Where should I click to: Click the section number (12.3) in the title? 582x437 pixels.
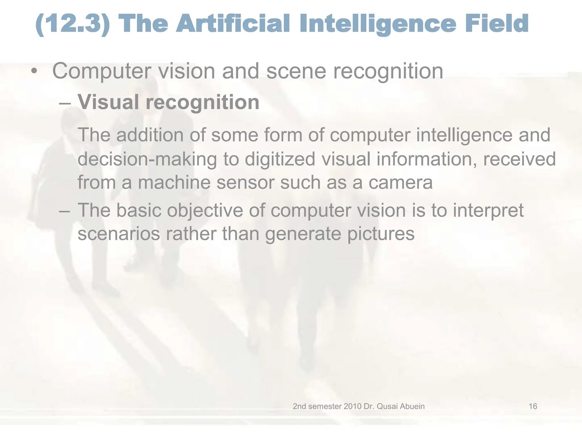coord(73,24)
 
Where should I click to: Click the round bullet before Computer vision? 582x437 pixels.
coord(34,71)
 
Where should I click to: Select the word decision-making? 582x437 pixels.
coord(147,159)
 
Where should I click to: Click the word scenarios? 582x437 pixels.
coord(119,234)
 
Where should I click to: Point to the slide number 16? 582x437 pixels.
coord(533,406)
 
